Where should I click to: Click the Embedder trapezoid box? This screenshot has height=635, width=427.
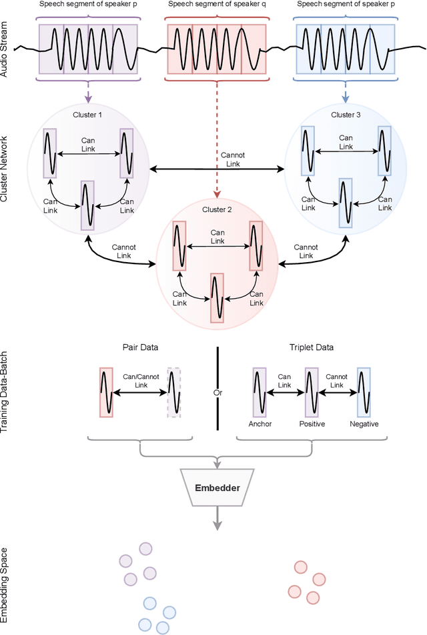[x=217, y=487]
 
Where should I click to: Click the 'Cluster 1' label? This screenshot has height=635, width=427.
[x=87, y=115]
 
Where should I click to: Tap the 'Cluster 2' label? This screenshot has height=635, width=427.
[x=216, y=210]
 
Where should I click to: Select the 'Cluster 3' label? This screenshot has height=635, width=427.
[x=345, y=115]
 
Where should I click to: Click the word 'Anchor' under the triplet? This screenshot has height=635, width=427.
[x=260, y=424]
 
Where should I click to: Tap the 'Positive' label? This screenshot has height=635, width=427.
[x=312, y=424]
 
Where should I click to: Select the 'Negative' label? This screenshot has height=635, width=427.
[x=364, y=424]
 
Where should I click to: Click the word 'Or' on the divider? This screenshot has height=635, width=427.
[x=217, y=393]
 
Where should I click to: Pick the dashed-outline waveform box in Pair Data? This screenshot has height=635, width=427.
[x=174, y=392]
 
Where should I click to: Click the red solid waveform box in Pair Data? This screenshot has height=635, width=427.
[x=106, y=392]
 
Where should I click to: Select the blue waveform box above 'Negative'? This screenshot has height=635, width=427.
[x=364, y=392]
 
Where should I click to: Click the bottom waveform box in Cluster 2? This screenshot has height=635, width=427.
[x=216, y=297]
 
